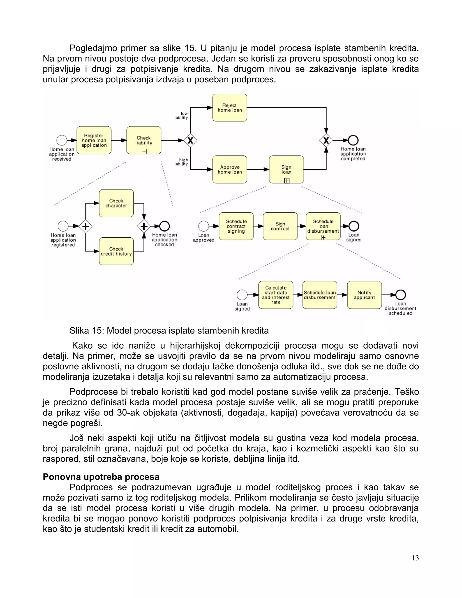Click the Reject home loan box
(230, 108)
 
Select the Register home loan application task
(94, 140)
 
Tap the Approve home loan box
(230, 169)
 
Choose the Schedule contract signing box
(236, 226)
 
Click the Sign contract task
(280, 226)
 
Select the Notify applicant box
(364, 295)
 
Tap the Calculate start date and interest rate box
(276, 295)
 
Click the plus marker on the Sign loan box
(286, 181)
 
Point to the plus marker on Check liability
(144, 151)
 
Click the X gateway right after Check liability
(190, 140)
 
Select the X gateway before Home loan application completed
(326, 140)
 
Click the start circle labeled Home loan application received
(62, 140)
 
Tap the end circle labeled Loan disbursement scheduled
(400, 295)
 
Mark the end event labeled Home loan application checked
(164, 226)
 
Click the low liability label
(181, 116)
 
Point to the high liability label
(181, 162)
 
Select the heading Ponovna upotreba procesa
(101, 477)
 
